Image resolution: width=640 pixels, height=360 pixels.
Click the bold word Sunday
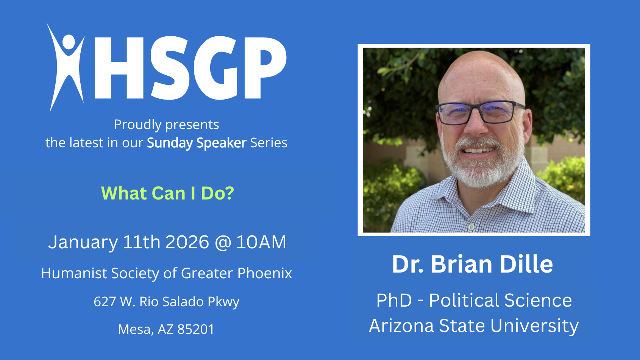[170, 143]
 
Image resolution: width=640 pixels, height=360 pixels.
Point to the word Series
[268, 143]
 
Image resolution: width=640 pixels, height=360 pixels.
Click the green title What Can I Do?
[168, 193]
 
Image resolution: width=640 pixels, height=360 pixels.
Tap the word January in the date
[83, 242]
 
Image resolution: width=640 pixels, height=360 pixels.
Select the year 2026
[187, 242]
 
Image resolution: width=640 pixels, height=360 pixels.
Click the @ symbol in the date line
[223, 243]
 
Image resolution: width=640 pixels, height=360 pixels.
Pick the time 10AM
[261, 242]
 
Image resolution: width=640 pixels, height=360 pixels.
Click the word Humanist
[74, 273]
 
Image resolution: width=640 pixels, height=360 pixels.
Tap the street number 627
[105, 302]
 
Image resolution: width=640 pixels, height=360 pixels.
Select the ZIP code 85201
[196, 329]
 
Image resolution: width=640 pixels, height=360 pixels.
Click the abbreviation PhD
[394, 300]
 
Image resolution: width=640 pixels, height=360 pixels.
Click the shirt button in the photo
[471, 227]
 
